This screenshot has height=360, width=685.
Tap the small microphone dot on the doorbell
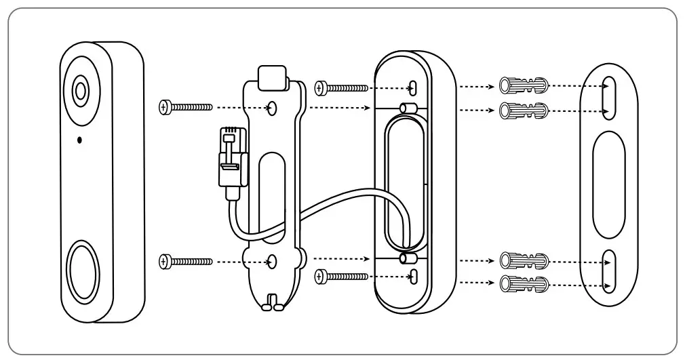pyautogui.click(x=79, y=140)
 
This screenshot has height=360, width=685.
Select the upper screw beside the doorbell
pyautogui.click(x=185, y=106)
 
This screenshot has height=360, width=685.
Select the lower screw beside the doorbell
pyautogui.click(x=185, y=260)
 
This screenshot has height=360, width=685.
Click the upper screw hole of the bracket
pyautogui.click(x=272, y=106)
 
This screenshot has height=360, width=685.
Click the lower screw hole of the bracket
pyautogui.click(x=272, y=260)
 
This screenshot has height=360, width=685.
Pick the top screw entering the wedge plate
pyautogui.click(x=342, y=87)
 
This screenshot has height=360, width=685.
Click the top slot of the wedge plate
pyautogui.click(x=413, y=87)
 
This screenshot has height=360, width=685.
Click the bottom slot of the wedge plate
pyautogui.click(x=413, y=275)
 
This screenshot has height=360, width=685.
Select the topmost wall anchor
pyautogui.click(x=523, y=86)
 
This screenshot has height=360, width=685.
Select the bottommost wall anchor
pyautogui.click(x=523, y=283)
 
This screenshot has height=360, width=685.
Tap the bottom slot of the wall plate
pyautogui.click(x=608, y=270)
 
